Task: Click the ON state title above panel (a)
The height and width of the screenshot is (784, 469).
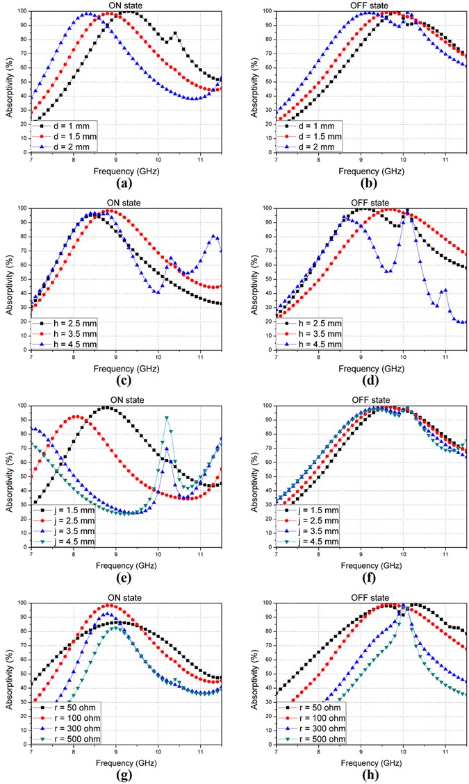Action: click(127, 5)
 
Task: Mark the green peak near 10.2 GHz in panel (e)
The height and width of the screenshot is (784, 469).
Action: click(167, 417)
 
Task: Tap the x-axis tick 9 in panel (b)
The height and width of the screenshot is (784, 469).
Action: click(361, 160)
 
